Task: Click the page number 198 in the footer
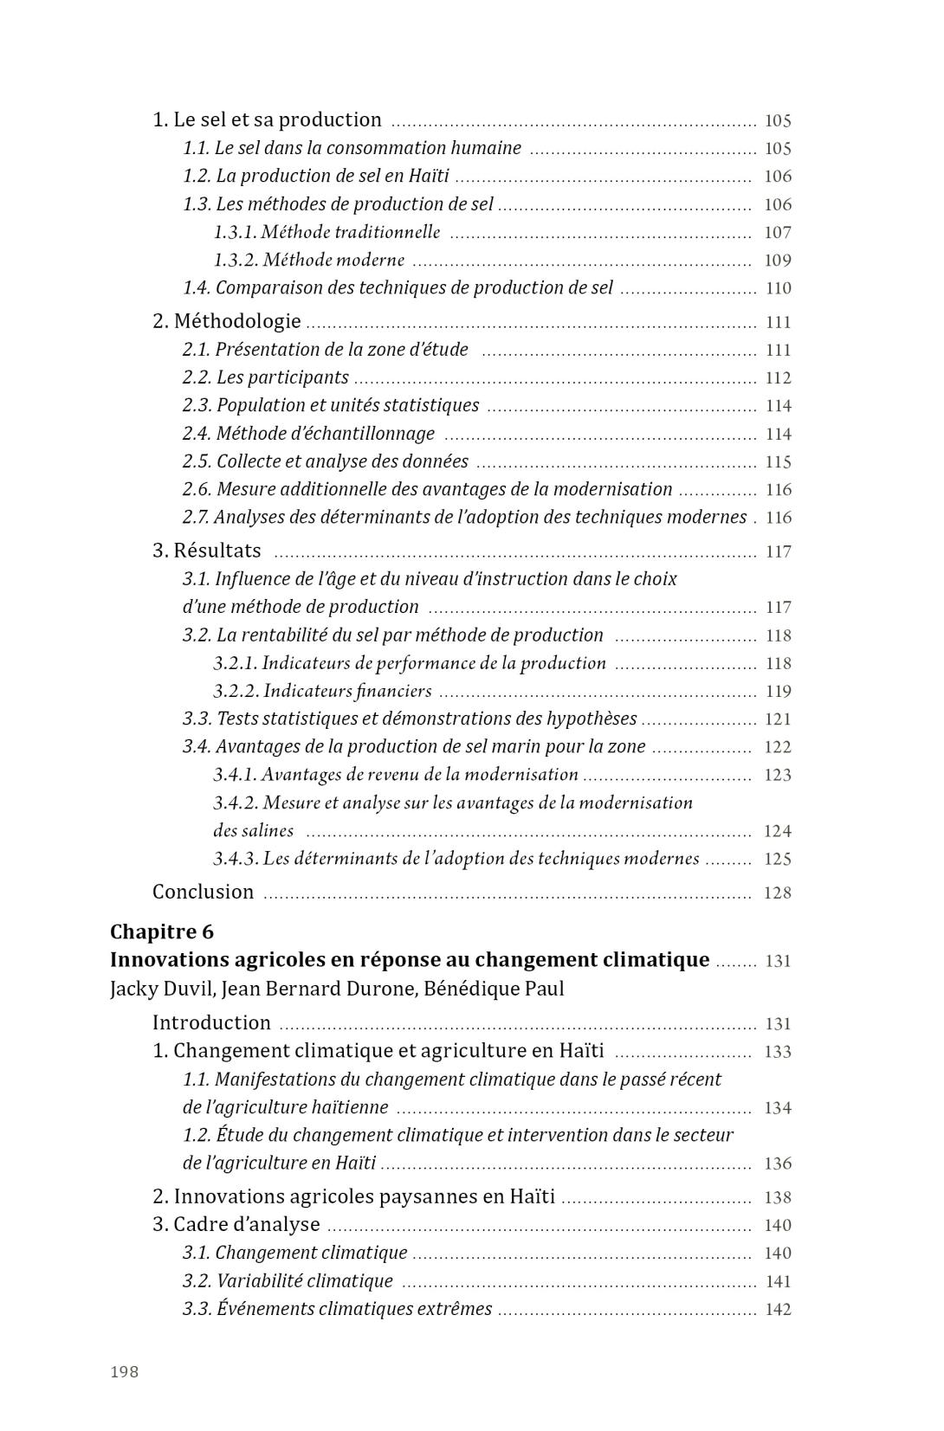124,1371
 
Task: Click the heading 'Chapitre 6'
162,931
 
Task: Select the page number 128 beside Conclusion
777,893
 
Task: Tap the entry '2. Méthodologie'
227,321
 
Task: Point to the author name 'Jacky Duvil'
161,989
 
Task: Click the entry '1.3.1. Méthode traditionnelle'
327,232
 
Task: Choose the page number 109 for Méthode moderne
777,260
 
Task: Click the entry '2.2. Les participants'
265,377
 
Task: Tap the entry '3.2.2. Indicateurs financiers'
322,691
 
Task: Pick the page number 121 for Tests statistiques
777,719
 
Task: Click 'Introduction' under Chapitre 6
211,1022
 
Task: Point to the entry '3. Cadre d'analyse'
236,1224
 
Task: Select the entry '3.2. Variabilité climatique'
288,1280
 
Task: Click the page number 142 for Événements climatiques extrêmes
777,1309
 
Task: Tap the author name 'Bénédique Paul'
494,989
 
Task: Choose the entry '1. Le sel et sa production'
267,119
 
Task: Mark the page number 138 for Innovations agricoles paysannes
777,1197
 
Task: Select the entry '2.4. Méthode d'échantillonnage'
308,433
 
